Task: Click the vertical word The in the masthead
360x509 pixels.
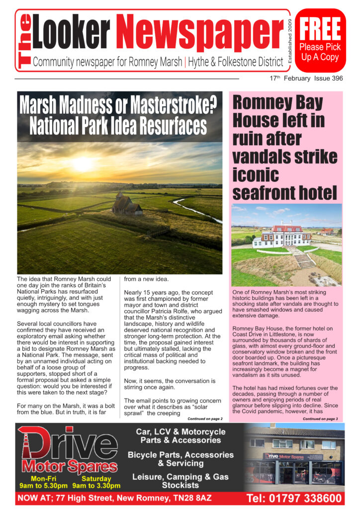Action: [x=24, y=41]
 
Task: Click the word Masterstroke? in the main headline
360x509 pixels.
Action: [x=172, y=105]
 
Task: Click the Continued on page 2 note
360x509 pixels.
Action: [x=205, y=419]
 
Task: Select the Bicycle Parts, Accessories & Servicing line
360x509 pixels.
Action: [x=180, y=459]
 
